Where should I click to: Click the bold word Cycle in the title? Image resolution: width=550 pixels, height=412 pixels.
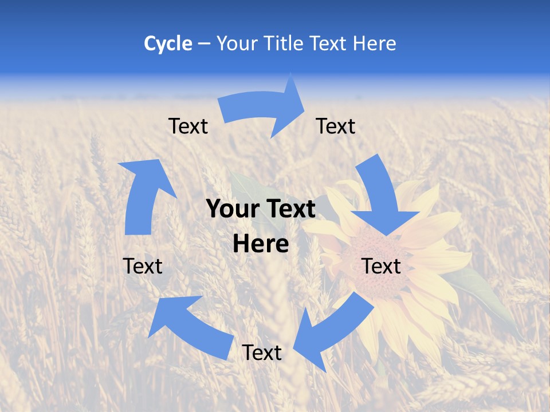(168, 43)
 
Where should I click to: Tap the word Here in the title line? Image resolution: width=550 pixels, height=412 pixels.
(375, 43)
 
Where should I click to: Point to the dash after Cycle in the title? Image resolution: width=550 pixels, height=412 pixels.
(205, 44)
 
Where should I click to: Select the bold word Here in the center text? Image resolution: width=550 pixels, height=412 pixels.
(261, 244)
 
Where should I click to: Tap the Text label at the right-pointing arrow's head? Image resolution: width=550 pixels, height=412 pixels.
(336, 126)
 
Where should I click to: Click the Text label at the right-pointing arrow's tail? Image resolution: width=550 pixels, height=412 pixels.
(188, 126)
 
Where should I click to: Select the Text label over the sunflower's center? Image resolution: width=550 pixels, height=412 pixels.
(381, 266)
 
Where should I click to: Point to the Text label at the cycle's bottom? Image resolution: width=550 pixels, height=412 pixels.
(261, 352)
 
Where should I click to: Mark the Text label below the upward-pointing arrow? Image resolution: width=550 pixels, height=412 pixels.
(143, 266)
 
